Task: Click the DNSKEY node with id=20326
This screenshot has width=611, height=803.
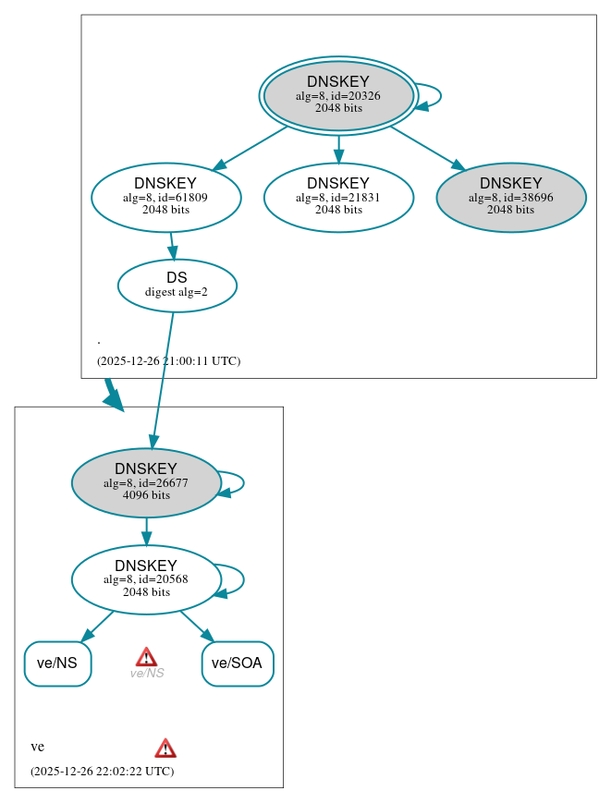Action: [x=338, y=95]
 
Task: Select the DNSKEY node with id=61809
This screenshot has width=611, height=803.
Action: [x=166, y=197]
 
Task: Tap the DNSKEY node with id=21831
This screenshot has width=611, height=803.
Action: [x=338, y=197]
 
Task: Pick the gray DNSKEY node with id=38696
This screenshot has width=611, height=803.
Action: [x=511, y=197]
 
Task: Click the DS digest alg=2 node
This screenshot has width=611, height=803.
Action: [x=177, y=285]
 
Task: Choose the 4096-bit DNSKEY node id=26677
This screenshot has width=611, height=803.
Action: [x=146, y=482]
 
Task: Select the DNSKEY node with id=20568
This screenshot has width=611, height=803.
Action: [x=146, y=579]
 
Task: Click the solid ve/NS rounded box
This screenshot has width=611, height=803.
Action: [x=57, y=663]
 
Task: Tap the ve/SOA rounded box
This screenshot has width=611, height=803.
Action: [x=238, y=663]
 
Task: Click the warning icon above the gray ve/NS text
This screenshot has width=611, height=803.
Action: [x=146, y=656]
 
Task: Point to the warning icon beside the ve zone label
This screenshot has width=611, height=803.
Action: [x=165, y=748]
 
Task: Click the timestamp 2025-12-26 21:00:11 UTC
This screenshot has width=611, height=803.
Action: [x=168, y=361]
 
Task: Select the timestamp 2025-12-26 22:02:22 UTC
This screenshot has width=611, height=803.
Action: [x=102, y=772]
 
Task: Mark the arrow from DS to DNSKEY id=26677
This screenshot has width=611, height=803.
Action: [x=163, y=379]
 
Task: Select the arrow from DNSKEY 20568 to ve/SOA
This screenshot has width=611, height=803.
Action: [x=196, y=626]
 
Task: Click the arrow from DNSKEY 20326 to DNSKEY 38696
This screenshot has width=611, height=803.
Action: [x=426, y=147]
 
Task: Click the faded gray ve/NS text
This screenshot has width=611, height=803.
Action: [x=146, y=674]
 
